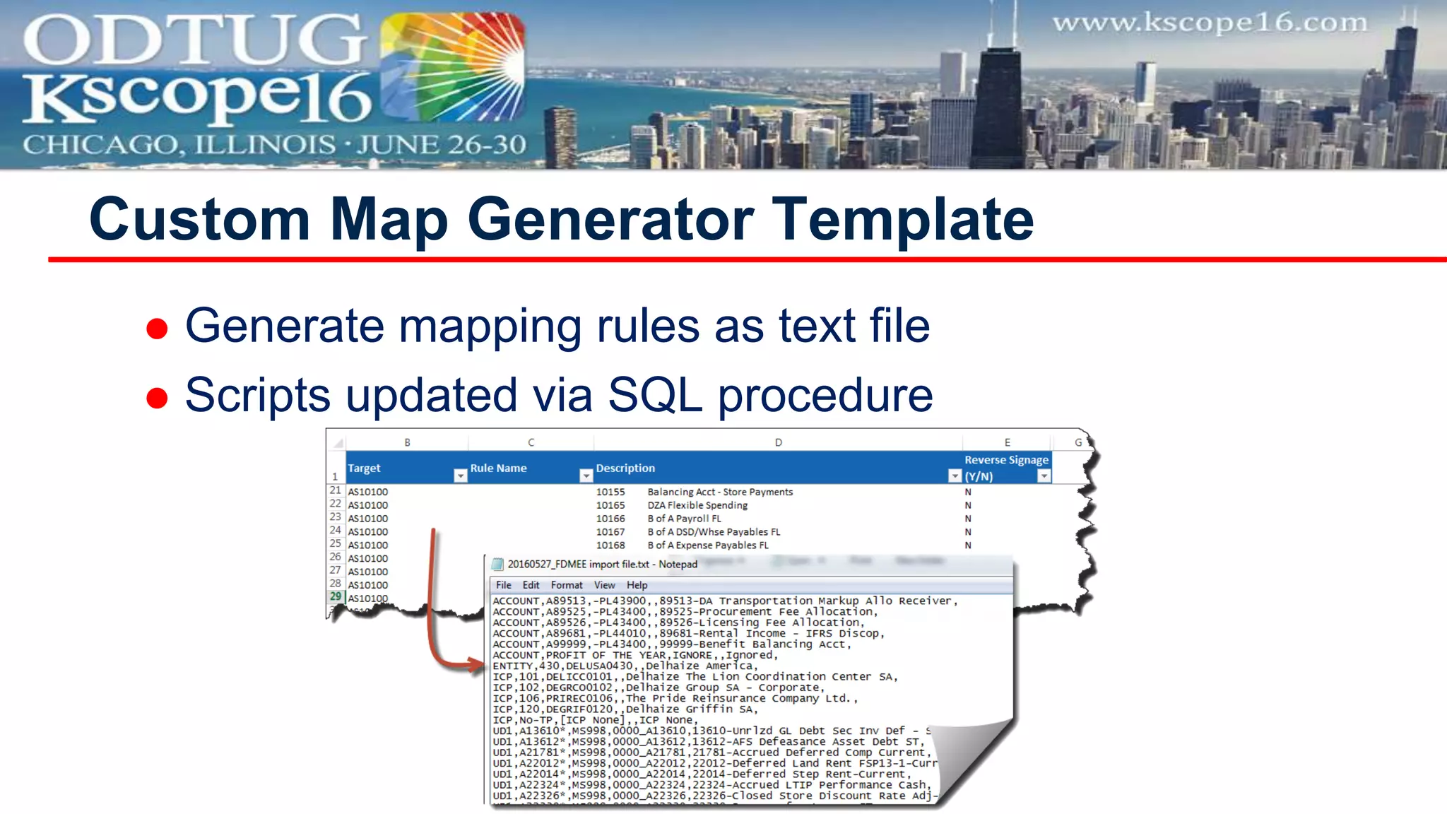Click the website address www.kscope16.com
(x=1210, y=23)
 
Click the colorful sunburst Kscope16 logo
(x=453, y=68)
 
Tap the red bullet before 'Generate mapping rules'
(x=157, y=329)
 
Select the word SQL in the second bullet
(x=654, y=395)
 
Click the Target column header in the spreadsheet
(x=364, y=468)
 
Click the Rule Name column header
(x=498, y=468)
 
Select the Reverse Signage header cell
(x=1005, y=467)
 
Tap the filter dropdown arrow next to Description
(x=955, y=476)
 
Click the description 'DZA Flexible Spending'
(x=697, y=505)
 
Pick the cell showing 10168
(x=610, y=545)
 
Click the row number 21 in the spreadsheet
(x=335, y=490)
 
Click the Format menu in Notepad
(x=566, y=585)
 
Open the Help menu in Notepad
(x=637, y=585)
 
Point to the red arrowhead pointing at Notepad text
(x=477, y=664)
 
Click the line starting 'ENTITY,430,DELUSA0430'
(x=625, y=666)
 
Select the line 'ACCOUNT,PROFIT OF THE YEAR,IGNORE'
(x=634, y=655)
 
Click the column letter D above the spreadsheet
(x=778, y=442)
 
